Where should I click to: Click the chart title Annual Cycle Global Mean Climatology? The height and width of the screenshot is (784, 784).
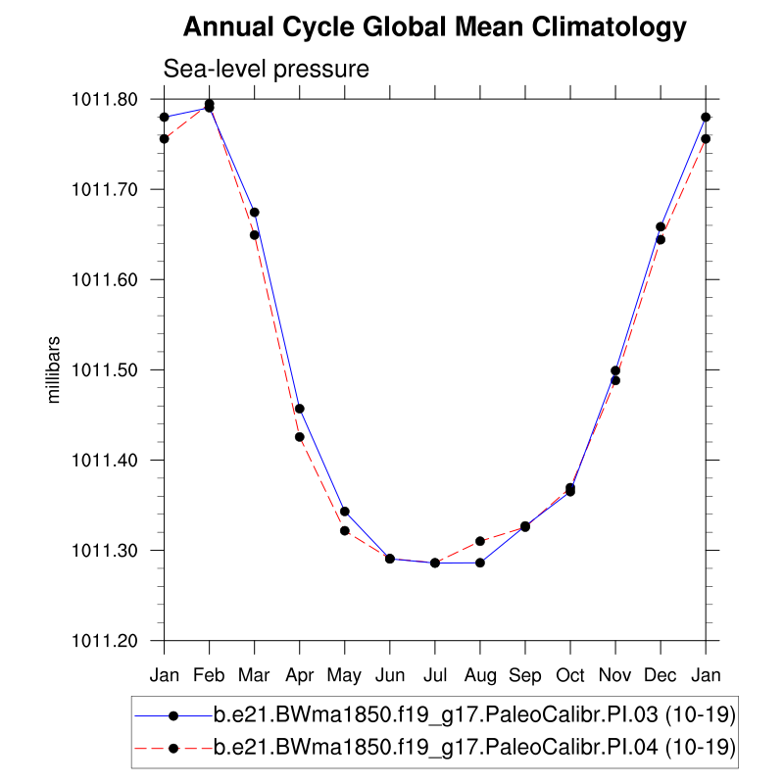[435, 27]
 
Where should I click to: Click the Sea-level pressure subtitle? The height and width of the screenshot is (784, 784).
[266, 70]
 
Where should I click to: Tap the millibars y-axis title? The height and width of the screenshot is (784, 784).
[55, 369]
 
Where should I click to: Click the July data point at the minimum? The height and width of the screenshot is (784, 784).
[435, 563]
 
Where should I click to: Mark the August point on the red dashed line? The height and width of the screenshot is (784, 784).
[480, 541]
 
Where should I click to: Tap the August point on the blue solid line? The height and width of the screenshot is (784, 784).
[480, 563]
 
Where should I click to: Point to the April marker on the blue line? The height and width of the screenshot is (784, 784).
[300, 409]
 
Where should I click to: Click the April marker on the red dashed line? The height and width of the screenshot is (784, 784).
[300, 437]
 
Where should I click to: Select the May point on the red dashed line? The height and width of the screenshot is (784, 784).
[345, 531]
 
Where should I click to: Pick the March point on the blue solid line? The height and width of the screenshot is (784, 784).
[255, 213]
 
